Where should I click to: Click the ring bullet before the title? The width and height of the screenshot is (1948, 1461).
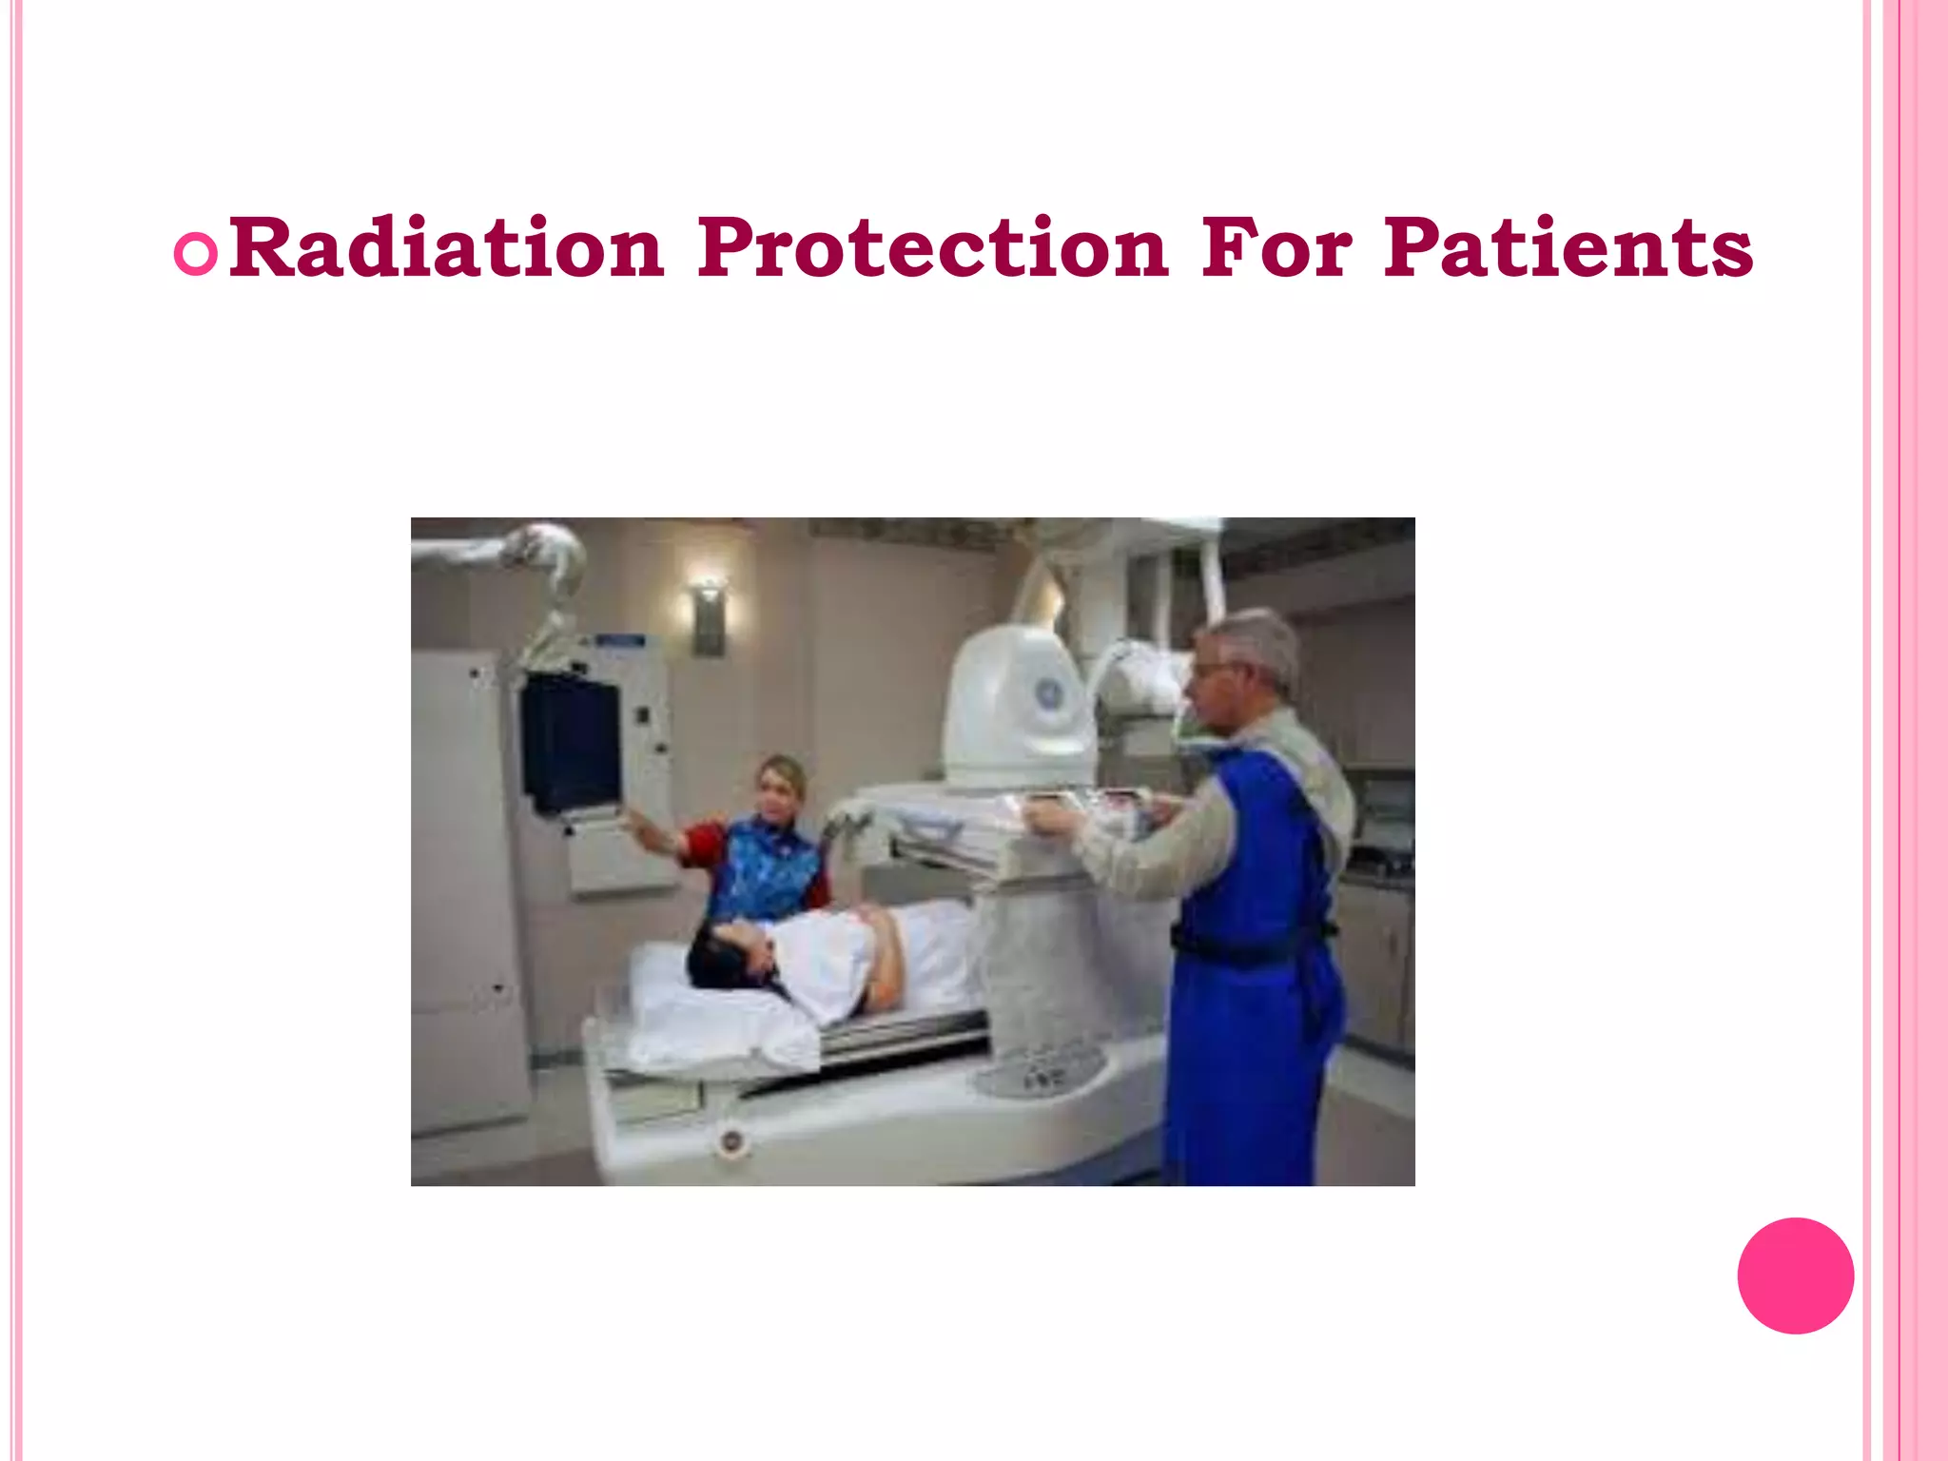coord(197,253)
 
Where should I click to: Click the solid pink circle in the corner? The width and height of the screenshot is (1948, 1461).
coord(1795,1276)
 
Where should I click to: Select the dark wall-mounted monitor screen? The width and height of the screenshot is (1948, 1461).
coord(571,742)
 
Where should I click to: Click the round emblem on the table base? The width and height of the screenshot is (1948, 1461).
coord(730,1141)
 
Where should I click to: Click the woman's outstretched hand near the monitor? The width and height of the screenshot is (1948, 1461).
coord(628,816)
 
